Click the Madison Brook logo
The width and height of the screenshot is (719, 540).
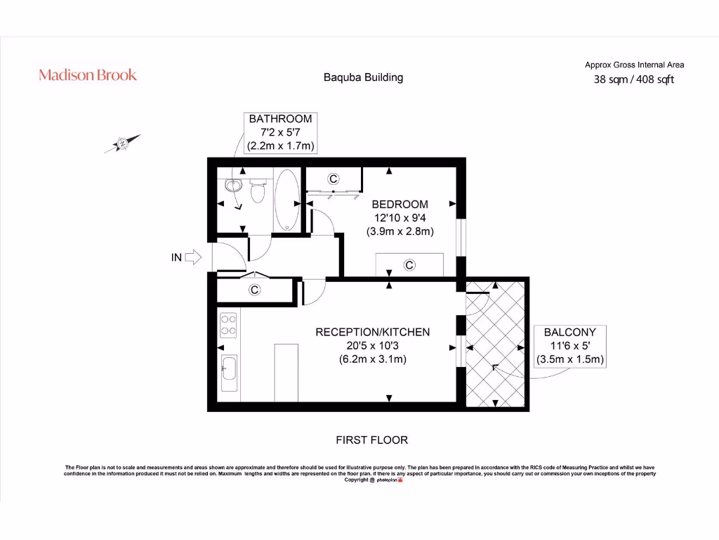88,75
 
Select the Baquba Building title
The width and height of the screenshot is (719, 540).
363,77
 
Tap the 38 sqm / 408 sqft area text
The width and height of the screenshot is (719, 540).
634,79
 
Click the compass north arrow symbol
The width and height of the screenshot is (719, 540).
123,143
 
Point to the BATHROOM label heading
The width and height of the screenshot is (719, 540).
280,119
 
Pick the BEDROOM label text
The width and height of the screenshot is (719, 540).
400,205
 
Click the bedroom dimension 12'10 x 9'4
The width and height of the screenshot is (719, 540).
400,218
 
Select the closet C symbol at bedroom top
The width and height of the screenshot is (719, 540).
334,179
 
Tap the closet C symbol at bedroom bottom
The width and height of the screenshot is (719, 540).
409,265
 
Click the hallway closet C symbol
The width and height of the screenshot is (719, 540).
255,289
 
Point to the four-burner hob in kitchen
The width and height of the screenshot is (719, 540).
229,324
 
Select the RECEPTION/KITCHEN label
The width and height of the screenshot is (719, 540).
372,332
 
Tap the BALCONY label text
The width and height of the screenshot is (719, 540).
569,332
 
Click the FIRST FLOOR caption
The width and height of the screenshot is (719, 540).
372,440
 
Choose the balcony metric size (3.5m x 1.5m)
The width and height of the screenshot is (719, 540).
569,359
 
